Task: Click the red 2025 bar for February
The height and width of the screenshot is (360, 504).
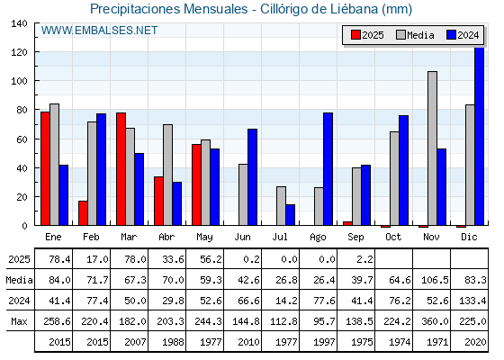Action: [83, 213]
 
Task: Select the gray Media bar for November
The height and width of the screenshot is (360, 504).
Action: [432, 148]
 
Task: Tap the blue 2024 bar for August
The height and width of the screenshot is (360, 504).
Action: [328, 169]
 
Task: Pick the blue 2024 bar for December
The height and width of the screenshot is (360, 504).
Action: [479, 136]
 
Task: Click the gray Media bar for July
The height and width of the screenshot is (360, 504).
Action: [281, 206]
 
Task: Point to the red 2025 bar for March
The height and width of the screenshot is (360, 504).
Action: [121, 169]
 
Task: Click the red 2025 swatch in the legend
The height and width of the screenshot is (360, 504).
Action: [355, 35]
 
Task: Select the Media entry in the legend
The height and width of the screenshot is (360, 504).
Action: [415, 35]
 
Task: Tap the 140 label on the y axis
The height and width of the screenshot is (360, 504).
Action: [19, 23]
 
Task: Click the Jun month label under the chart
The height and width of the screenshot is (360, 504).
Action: [242, 238]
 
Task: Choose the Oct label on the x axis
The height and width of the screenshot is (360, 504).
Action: [393, 238]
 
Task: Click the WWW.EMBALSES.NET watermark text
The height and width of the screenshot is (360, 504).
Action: [99, 31]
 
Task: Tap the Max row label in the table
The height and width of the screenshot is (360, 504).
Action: [19, 321]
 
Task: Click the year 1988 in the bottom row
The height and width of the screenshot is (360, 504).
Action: [173, 342]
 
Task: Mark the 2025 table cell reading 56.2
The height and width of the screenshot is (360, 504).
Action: [211, 259]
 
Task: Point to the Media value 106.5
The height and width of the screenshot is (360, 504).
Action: [435, 280]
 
